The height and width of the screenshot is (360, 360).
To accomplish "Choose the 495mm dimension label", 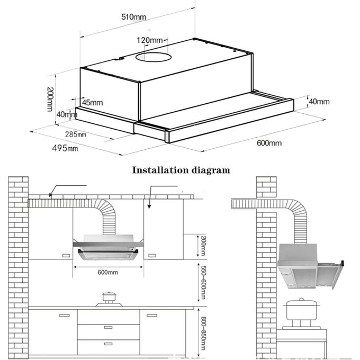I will click(65, 148).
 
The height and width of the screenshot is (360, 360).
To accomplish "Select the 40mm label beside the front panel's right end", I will click(319, 101).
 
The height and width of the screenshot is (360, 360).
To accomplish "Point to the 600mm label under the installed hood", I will click(108, 272).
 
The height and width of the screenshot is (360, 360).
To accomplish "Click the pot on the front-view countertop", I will click(109, 298).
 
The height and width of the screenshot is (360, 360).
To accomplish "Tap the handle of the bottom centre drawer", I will click(109, 344).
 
